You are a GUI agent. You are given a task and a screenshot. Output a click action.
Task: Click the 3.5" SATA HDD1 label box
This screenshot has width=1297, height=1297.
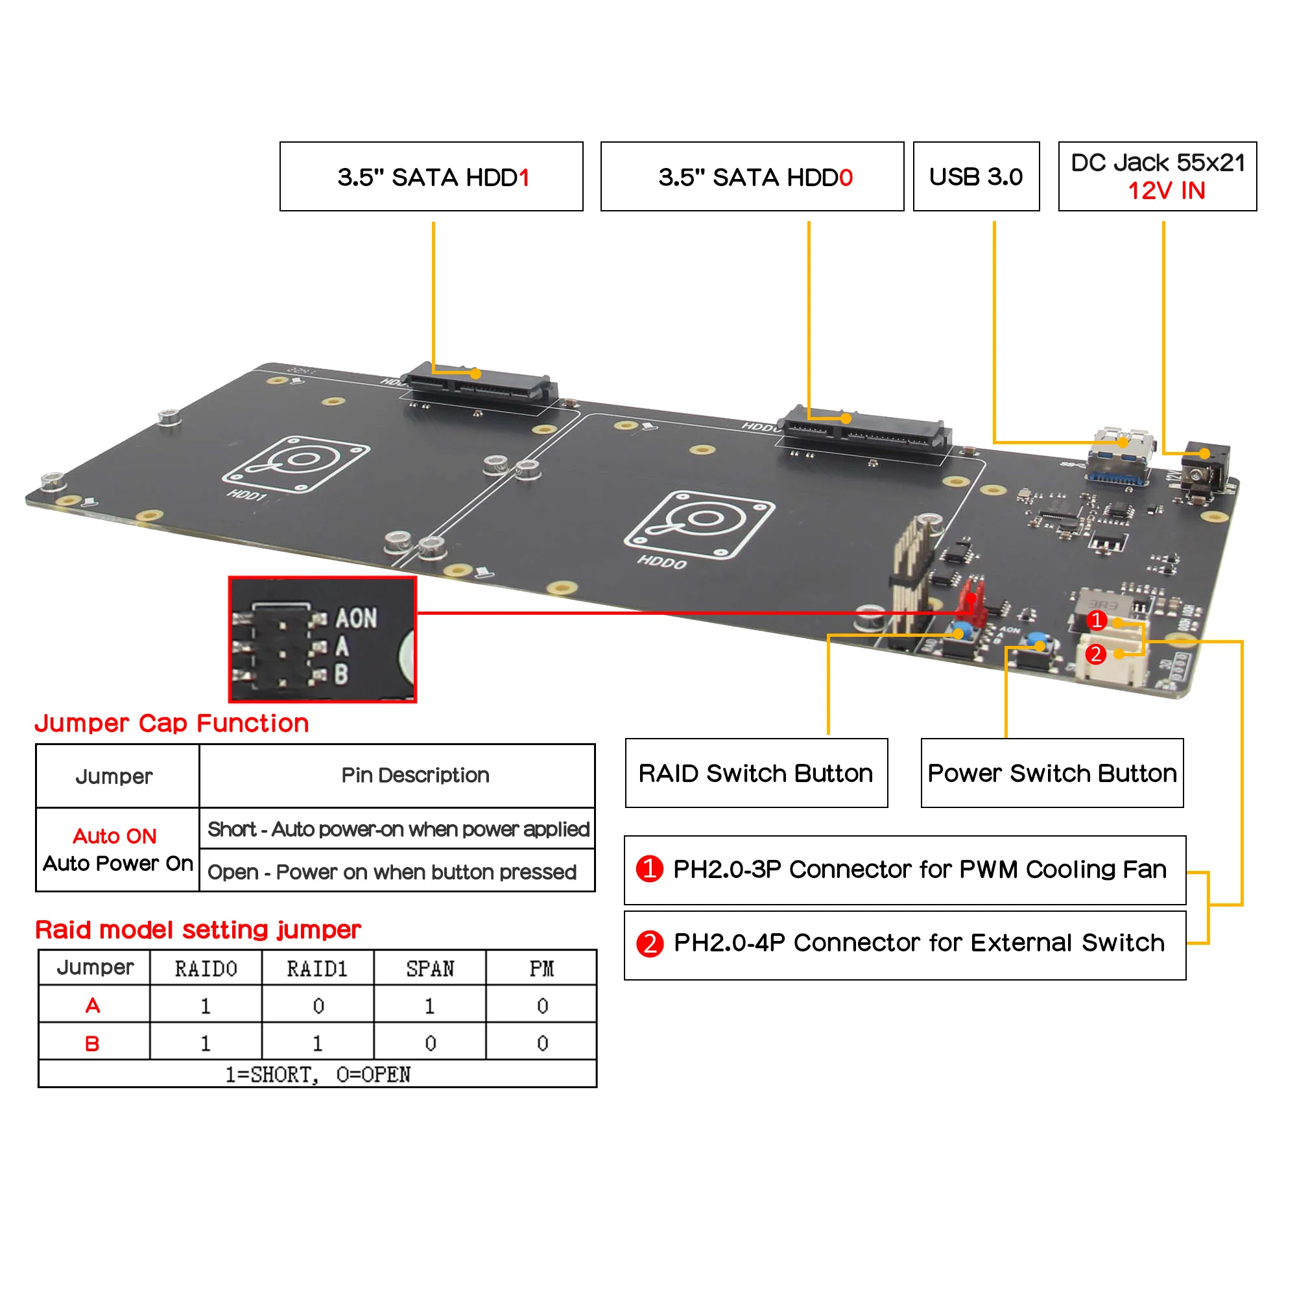click(x=432, y=176)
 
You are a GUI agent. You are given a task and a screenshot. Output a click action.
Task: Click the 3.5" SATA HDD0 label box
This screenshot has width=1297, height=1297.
click(x=752, y=176)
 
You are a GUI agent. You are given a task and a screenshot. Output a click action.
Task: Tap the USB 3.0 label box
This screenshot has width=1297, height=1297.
click(x=976, y=176)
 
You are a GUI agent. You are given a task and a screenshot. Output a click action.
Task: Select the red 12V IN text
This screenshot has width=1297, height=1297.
click(x=1166, y=191)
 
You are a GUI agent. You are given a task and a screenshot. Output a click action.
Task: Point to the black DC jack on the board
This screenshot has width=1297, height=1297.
click(x=1206, y=470)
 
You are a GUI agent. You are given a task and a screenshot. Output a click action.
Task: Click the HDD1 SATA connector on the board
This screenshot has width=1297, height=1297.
click(x=479, y=383)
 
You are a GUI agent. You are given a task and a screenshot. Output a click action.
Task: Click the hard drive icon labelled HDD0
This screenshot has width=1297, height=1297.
click(x=700, y=526)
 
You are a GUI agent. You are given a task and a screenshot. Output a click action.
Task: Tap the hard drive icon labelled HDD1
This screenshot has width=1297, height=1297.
click(x=296, y=464)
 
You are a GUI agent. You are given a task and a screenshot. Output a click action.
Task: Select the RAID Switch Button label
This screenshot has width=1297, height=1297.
click(x=756, y=774)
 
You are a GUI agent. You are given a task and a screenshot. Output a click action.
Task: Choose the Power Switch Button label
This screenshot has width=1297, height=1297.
click(x=1052, y=774)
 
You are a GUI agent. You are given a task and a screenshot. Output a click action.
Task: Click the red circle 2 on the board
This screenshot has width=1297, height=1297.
click(x=1095, y=654)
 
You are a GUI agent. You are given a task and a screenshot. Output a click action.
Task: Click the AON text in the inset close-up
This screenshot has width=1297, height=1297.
click(x=356, y=618)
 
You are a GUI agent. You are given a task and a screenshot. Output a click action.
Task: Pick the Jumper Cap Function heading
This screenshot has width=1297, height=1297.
click(x=172, y=723)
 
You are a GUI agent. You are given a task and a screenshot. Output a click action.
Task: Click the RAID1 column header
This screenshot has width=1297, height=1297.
click(x=317, y=968)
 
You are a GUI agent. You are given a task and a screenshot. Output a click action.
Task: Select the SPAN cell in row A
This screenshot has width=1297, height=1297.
click(x=430, y=1005)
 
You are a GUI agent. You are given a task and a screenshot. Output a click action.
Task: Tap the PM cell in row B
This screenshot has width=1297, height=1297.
click(x=541, y=1043)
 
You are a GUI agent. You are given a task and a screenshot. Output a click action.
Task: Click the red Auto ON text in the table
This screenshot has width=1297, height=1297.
click(x=115, y=836)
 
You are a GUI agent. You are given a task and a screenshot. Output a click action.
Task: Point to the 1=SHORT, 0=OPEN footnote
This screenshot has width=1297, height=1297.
click(x=317, y=1074)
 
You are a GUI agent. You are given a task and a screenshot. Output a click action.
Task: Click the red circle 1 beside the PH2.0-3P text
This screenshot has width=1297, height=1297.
click(x=649, y=869)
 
